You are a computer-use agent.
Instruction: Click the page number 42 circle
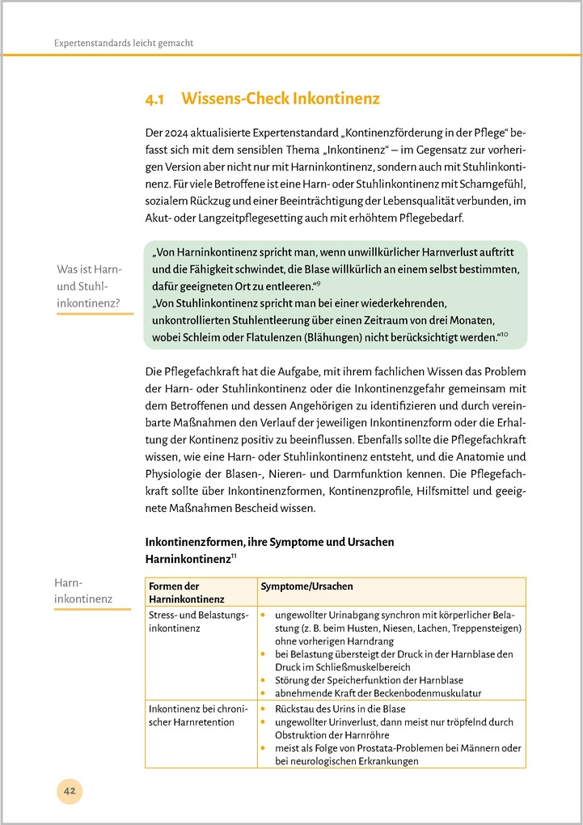(x=70, y=791)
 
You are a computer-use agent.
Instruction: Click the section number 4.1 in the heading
(x=154, y=99)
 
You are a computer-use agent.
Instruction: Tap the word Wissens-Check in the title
(x=235, y=99)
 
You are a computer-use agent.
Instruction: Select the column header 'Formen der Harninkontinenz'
(x=184, y=592)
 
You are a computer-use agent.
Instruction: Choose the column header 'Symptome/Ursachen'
(x=306, y=586)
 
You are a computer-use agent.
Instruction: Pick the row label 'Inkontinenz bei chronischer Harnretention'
(x=192, y=714)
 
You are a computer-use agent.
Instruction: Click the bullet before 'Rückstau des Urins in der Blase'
(x=264, y=708)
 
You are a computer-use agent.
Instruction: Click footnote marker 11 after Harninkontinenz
(x=234, y=555)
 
